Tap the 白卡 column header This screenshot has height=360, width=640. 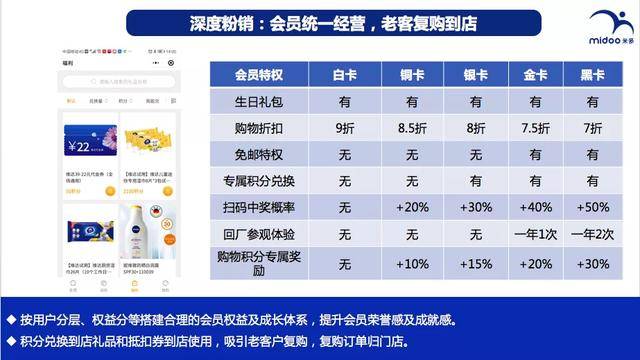click(345, 74)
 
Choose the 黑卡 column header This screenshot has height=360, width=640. click(592, 74)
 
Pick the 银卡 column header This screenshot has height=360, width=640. click(469, 74)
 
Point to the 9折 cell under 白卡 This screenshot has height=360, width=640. click(345, 128)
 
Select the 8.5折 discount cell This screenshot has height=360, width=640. click(407, 128)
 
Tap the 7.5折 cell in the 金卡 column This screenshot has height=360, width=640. click(531, 128)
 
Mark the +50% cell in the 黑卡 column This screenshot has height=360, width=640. click(592, 208)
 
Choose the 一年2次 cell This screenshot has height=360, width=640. click(592, 235)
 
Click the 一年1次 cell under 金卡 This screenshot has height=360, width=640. click(531, 235)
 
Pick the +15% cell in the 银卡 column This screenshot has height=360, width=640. click(469, 265)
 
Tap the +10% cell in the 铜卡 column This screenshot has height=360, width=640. click(407, 265)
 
